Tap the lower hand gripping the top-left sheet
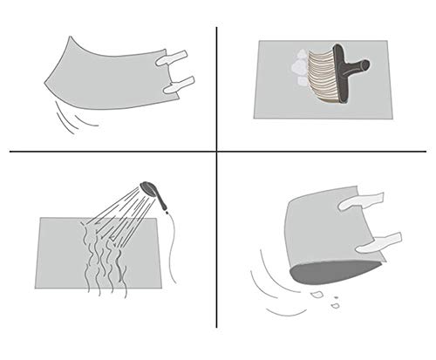(x=178, y=85)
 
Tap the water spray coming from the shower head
(x=118, y=218)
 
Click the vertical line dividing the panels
(x=216, y=87)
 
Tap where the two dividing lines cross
(x=216, y=153)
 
